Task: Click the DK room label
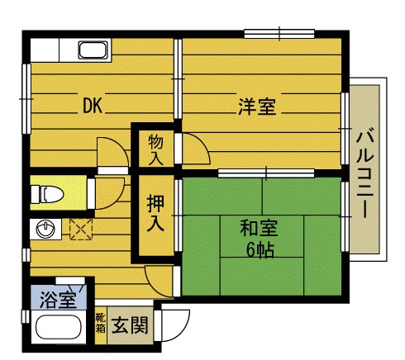tap(93, 106)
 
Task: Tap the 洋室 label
tap(257, 107)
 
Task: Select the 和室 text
tap(259, 228)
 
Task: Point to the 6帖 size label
tap(260, 250)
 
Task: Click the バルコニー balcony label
tap(364, 174)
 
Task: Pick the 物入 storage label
tap(155, 150)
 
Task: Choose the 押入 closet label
tap(155, 213)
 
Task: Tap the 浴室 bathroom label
tap(58, 300)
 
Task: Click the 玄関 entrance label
tap(130, 325)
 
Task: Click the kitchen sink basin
tap(93, 50)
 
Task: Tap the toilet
tap(47, 194)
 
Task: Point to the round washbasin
tap(45, 229)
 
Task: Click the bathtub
tap(59, 327)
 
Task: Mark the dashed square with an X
tap(81, 229)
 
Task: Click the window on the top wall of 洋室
tap(279, 34)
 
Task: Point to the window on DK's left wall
tap(26, 99)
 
